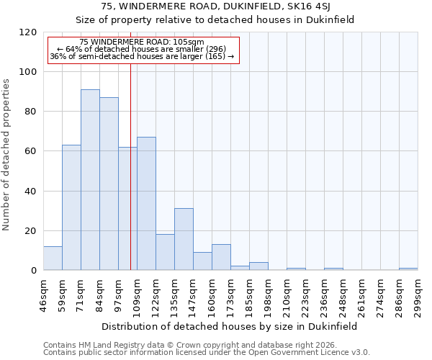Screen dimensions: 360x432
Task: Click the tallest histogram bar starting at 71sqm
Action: [90, 180]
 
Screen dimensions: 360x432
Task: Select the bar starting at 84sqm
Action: [109, 184]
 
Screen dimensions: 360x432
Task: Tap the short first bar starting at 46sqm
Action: [53, 258]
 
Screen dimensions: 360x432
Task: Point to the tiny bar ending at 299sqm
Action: [408, 269]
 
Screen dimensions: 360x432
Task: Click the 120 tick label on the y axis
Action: [28, 32]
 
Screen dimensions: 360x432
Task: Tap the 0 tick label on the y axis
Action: [33, 271]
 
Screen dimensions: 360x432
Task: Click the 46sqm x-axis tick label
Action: [43, 294]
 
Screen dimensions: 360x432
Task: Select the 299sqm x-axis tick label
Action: [418, 294]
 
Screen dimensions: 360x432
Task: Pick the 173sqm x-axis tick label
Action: [230, 294]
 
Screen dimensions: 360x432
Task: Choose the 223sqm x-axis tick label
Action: [305, 294]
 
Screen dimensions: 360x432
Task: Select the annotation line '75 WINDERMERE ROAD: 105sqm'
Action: [142, 42]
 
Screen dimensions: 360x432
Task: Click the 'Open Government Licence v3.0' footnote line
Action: [207, 353]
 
